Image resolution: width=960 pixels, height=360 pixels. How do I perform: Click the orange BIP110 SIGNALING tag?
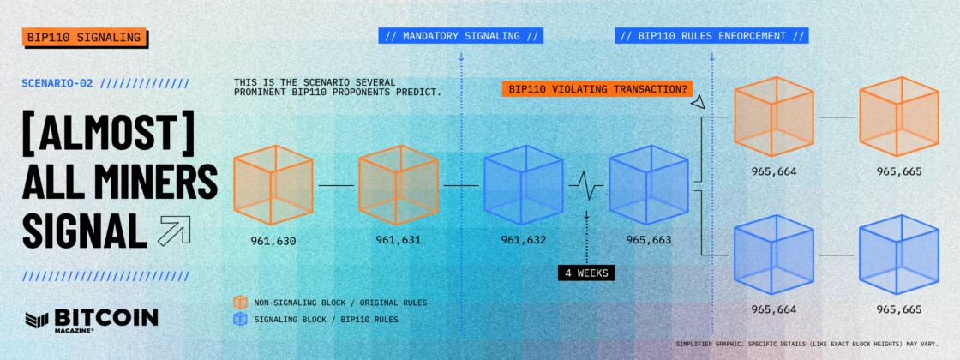(x=84, y=38)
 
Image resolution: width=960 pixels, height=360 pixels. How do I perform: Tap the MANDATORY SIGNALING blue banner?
(x=461, y=36)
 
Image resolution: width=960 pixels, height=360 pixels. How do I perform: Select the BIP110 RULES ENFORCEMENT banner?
(x=711, y=36)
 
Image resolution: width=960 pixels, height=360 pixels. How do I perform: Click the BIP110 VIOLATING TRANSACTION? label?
(x=597, y=89)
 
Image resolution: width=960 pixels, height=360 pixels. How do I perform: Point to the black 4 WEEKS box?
(x=586, y=273)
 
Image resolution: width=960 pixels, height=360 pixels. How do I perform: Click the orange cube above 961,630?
(x=273, y=185)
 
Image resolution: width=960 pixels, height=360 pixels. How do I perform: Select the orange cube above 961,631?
(x=398, y=185)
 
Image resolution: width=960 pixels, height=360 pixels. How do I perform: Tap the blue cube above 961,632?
(x=524, y=185)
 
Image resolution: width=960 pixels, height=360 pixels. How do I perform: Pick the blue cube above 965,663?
(x=648, y=185)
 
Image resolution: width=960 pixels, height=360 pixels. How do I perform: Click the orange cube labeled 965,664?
(x=774, y=117)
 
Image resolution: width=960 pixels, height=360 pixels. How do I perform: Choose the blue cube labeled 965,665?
(x=899, y=254)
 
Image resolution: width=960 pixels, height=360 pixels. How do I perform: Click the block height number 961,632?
(x=524, y=240)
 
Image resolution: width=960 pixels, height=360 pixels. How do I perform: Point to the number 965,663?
(x=648, y=240)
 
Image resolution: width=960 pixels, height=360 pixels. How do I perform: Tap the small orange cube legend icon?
(x=241, y=302)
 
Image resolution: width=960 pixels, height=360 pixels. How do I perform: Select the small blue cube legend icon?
(x=241, y=318)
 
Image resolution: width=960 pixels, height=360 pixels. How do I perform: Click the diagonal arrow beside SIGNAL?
(x=174, y=231)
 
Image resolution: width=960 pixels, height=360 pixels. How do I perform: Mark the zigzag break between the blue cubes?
(x=586, y=185)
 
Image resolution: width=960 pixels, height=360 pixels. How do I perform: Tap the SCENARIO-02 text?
(x=57, y=83)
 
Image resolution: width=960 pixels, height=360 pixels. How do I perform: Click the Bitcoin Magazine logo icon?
(x=37, y=318)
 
